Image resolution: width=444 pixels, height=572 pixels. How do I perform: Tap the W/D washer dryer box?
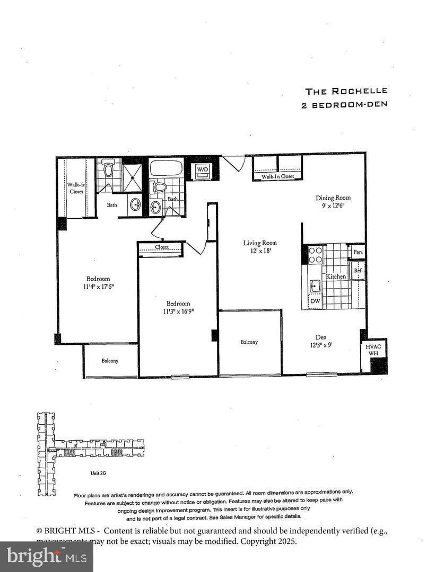[x=203, y=169]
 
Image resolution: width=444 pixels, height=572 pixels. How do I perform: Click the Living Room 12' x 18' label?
[x=260, y=247]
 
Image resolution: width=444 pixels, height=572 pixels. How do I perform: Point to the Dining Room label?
[x=333, y=198]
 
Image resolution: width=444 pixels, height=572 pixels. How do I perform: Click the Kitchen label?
[x=336, y=276]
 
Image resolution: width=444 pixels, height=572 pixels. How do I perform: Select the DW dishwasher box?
[x=315, y=301]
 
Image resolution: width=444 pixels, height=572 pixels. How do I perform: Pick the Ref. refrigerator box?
[x=358, y=270]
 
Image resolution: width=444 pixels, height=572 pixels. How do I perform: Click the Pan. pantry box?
[x=358, y=252]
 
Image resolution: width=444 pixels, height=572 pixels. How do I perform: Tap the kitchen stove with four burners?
[x=316, y=255]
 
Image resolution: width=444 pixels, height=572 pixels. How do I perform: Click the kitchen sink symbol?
[x=315, y=286]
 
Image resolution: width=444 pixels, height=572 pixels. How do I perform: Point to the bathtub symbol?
[x=166, y=169]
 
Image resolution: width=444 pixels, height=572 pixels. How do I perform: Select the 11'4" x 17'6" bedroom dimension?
[x=98, y=287]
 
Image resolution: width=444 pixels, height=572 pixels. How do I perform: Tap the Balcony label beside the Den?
[x=249, y=342]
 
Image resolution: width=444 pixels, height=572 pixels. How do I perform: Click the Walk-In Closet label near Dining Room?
[x=277, y=176]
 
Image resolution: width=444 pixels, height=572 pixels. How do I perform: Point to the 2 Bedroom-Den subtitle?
[x=344, y=104]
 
